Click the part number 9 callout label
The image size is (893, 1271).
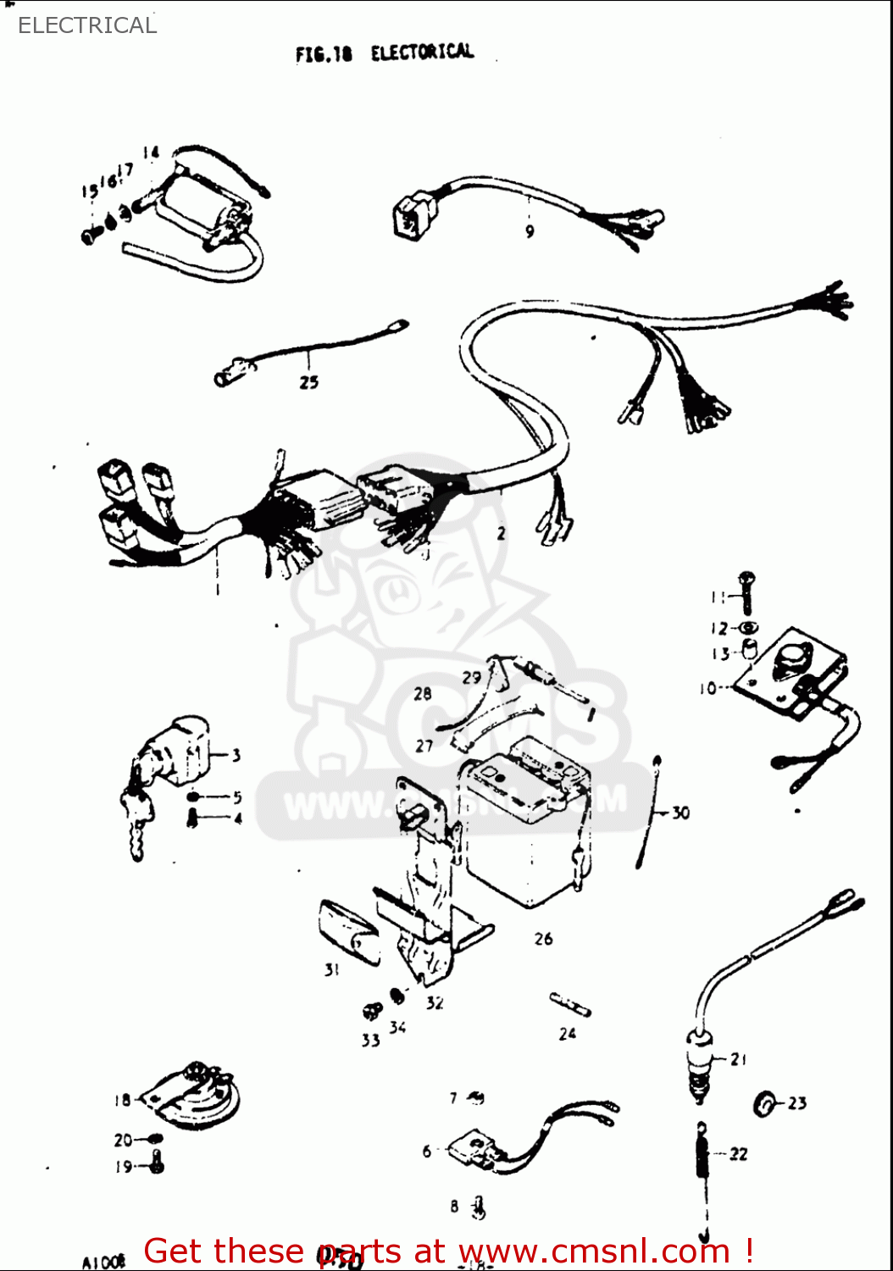click(530, 231)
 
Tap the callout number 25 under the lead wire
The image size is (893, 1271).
click(308, 382)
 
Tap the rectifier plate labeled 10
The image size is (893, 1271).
click(788, 674)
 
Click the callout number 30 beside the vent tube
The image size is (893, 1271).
click(680, 813)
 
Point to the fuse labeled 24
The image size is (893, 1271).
click(569, 1005)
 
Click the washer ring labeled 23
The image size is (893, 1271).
click(765, 1104)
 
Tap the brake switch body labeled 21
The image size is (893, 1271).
click(699, 1059)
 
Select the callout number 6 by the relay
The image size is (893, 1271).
click(427, 1151)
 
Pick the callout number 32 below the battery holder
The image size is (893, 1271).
click(435, 1002)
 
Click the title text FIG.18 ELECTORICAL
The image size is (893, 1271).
click(385, 53)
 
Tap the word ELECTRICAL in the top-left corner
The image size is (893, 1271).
click(87, 25)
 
